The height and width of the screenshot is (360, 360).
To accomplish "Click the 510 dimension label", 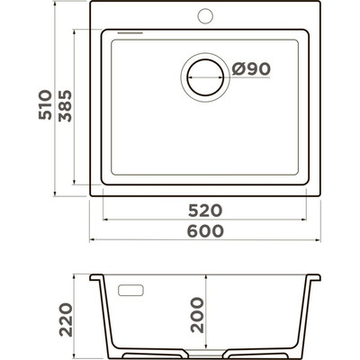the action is click(45, 104).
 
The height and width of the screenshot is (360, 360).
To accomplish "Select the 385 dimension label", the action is click(65, 106).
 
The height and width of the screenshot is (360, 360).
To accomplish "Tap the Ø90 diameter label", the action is click(251, 69).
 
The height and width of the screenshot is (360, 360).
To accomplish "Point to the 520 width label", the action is click(205, 211).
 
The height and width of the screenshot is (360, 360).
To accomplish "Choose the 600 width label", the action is click(205, 231).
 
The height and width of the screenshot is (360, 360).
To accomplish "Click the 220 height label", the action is click(66, 319).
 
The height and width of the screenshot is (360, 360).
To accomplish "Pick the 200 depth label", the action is click(197, 315).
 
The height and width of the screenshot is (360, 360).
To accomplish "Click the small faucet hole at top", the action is click(205, 15).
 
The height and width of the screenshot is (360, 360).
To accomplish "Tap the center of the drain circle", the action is click(205, 77).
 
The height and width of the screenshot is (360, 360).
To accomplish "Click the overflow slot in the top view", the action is click(130, 32).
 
